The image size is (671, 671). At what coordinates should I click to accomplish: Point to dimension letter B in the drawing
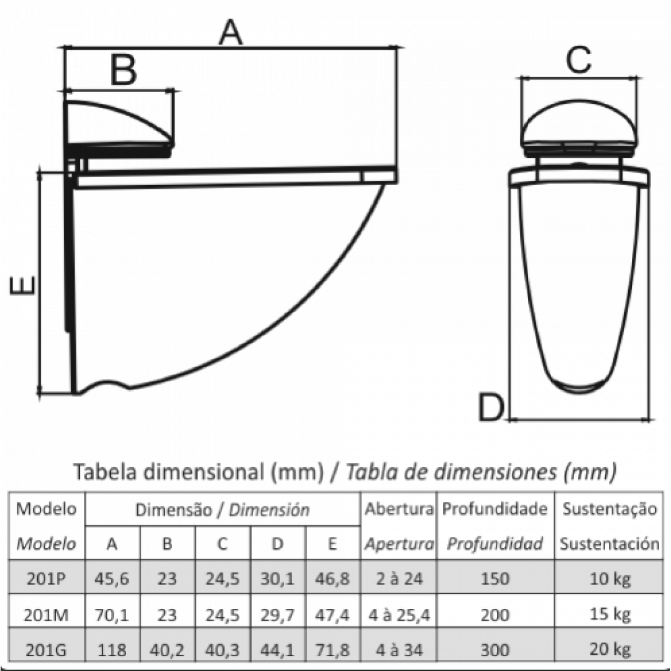[123, 70]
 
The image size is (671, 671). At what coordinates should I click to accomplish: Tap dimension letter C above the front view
[578, 59]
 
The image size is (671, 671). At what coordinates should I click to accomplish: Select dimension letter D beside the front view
[491, 406]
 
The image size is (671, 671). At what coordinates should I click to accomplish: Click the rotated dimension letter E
[22, 286]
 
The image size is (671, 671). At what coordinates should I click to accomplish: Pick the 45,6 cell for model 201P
[112, 578]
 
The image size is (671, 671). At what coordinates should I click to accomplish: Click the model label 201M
[46, 614]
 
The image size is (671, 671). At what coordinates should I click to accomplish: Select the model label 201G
[46, 650]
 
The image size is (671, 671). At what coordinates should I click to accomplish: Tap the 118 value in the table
[112, 650]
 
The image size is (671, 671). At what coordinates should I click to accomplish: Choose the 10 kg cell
[610, 578]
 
